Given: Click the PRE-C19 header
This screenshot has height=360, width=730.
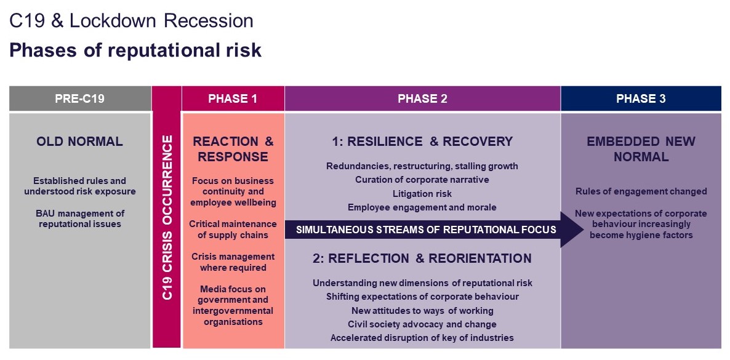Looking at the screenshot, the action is click(79, 98).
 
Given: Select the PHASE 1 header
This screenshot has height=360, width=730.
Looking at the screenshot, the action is click(233, 98).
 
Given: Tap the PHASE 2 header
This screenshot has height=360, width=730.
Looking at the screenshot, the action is click(422, 98).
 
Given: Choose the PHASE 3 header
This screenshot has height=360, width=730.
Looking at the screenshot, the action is click(641, 98).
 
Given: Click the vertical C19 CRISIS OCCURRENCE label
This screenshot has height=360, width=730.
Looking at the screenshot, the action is click(167, 217).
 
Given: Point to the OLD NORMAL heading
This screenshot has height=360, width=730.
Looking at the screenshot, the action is click(79, 141).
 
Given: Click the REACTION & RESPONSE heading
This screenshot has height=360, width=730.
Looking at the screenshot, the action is click(233, 149).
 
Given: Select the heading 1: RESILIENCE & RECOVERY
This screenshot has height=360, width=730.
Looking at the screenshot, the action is click(422, 141).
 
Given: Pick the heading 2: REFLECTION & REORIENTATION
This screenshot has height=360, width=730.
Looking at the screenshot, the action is click(422, 258).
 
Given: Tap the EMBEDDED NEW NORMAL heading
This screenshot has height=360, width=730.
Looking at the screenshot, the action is click(641, 149).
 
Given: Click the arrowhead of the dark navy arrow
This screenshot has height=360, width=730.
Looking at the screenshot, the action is click(572, 229).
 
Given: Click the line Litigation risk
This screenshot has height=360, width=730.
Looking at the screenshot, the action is click(422, 193).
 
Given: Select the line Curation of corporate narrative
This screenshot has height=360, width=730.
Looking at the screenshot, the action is click(422, 179).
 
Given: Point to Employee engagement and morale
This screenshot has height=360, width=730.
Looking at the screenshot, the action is click(422, 207).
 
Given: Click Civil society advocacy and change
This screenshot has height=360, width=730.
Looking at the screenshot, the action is click(422, 324).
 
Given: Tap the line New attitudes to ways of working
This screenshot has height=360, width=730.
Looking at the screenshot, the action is click(422, 310).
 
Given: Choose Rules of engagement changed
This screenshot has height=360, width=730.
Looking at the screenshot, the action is click(641, 191).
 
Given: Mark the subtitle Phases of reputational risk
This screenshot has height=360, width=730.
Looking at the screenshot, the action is click(135, 50).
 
